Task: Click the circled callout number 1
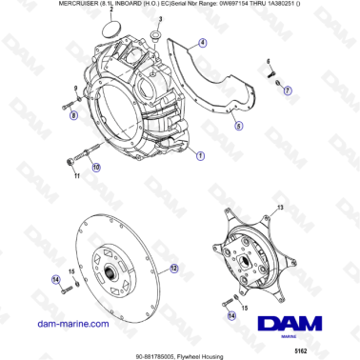pos(199,153)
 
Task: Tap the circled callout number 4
pos(202,43)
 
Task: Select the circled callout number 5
pos(238,125)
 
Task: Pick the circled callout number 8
pos(73,115)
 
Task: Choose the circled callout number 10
pos(94,167)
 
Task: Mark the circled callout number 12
pos(173,270)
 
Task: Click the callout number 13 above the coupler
pos(279,206)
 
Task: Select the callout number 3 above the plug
pos(159,19)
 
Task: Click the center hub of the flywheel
pos(110,275)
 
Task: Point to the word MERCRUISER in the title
pos(39,6)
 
